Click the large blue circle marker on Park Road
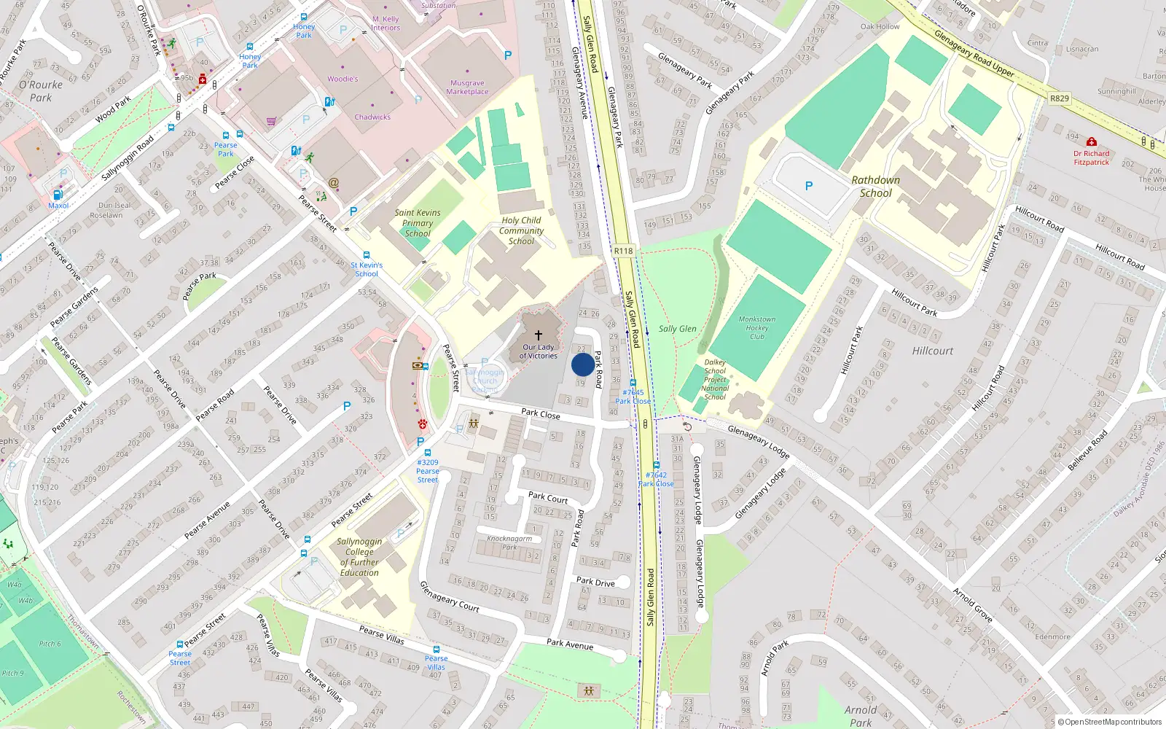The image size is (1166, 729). [582, 364]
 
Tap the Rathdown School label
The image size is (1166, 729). [875, 187]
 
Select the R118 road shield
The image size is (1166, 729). [623, 251]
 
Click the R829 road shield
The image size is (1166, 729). [1060, 98]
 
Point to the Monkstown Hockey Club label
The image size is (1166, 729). [757, 328]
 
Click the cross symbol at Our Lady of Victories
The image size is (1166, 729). [539, 335]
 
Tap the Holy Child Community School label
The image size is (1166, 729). [521, 230]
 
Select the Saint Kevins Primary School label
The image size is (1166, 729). [418, 223]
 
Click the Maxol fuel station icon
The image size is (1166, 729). [58, 195]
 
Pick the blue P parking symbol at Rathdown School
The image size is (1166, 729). [809, 187]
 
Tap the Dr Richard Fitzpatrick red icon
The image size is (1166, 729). [1091, 141]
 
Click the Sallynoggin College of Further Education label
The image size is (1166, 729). [359, 557]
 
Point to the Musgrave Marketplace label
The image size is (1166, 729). [467, 87]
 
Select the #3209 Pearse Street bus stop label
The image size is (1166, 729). [428, 471]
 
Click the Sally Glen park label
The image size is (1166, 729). [677, 329]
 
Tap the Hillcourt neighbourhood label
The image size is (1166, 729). [932, 351]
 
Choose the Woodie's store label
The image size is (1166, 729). [343, 79]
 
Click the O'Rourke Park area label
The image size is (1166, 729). [41, 91]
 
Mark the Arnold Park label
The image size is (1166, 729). [860, 716]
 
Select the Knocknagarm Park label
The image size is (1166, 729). [509, 542]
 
